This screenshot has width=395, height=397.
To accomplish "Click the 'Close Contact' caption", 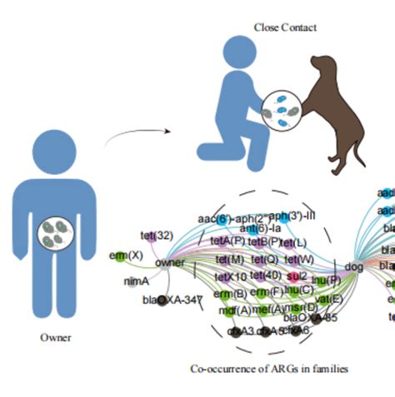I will [x=285, y=27].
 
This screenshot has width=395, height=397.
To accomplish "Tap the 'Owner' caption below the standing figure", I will [x=55, y=338].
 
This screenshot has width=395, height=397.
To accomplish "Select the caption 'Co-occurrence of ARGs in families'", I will [x=268, y=368].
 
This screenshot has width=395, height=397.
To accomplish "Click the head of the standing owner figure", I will [x=56, y=146].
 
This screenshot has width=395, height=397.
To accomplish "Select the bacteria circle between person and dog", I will [x=281, y=110].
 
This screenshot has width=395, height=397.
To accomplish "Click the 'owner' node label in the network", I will [x=169, y=262].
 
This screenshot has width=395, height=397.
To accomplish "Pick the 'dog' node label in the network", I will [x=353, y=266].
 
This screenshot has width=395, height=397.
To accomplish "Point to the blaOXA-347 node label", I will [x=173, y=299].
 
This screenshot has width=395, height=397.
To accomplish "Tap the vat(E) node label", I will [x=330, y=299].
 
